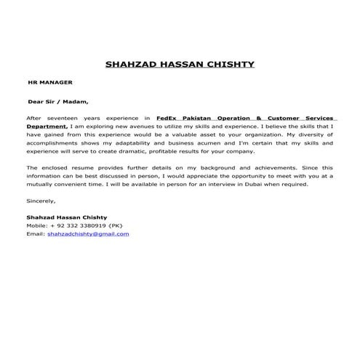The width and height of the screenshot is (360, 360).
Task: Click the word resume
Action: [79, 167]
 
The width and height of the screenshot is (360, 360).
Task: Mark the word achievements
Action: [261, 167]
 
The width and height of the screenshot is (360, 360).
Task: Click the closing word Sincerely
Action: [40, 200]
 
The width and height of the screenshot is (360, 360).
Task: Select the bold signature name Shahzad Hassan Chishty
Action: [66, 217]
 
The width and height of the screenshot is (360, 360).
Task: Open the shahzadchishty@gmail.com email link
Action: [88, 234]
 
